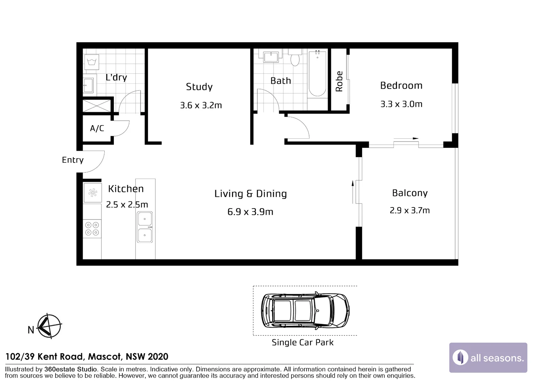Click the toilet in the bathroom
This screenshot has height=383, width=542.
point(295,57)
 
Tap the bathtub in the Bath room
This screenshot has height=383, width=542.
point(317,73)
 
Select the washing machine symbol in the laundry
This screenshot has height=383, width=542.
point(92,62)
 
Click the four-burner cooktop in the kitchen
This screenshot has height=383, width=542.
point(92,229)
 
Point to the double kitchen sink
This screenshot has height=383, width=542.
point(145,227)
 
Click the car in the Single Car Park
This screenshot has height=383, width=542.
point(305,311)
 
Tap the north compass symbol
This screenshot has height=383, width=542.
point(49,326)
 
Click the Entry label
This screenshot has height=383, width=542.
point(73,160)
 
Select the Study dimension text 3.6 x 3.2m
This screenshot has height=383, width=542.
point(201,105)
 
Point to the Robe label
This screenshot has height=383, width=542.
point(339,81)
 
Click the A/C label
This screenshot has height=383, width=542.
point(97,128)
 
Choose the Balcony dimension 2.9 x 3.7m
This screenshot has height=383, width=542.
point(410,210)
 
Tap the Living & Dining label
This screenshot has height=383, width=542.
point(250,194)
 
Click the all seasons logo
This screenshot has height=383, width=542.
point(488,357)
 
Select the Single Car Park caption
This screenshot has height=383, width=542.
point(303,342)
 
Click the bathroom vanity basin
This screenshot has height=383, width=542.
point(271,57)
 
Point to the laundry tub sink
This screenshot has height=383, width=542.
point(88,85)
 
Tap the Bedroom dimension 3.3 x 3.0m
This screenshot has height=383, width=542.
point(401,104)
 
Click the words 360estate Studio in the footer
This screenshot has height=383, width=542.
point(71,370)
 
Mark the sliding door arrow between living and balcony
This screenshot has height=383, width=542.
point(353,192)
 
